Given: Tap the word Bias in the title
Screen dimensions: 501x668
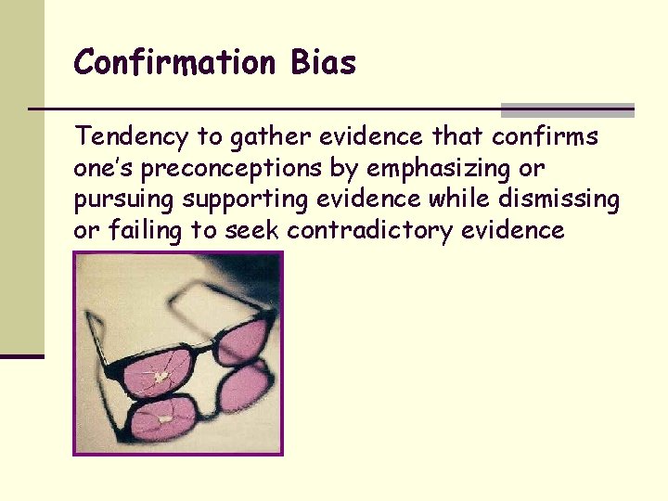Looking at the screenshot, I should tap(323, 63).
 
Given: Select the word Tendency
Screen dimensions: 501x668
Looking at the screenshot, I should tap(132, 138).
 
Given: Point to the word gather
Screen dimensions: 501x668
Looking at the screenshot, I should tap(260, 138).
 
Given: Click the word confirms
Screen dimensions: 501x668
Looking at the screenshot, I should tap(546, 138).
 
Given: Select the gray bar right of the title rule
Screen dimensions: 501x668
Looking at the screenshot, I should tap(567, 110).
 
